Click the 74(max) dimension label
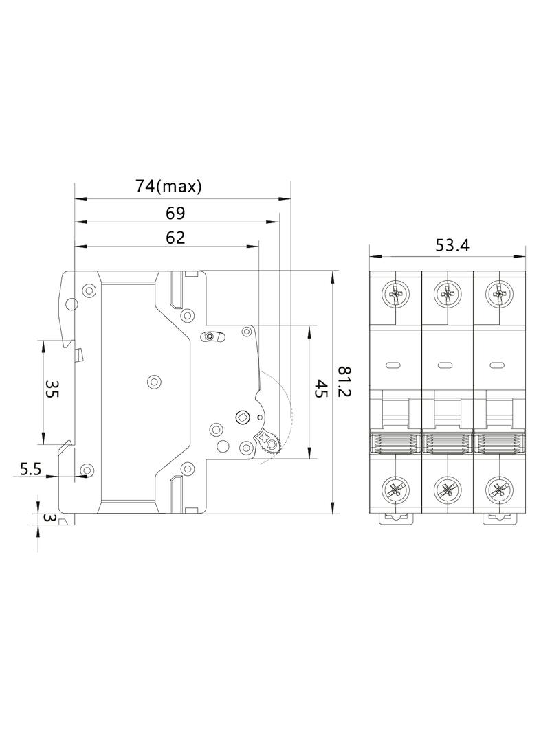[168, 186]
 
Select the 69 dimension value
[175, 212]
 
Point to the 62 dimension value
[175, 238]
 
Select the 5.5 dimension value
[31, 469]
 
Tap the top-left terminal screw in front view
[395, 296]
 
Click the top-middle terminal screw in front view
[447, 296]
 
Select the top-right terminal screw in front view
[498, 296]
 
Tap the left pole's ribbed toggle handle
[395, 443]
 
